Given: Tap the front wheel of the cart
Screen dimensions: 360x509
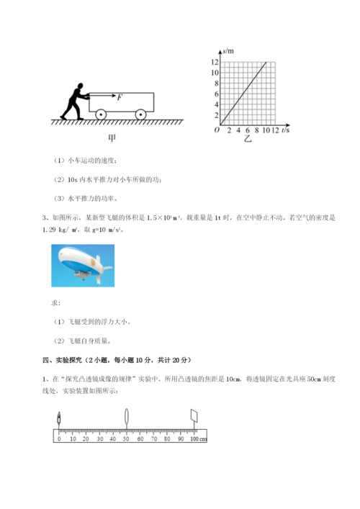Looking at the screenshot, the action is pos(141,113).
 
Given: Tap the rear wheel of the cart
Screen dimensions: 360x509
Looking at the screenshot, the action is pos(100,113).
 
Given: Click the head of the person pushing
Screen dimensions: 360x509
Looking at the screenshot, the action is pos(78,86).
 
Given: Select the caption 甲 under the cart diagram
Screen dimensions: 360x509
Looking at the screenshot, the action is pos(112,137).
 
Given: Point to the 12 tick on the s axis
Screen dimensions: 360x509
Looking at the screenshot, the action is pos(214,63).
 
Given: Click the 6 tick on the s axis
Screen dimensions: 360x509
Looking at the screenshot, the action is pos(215,94).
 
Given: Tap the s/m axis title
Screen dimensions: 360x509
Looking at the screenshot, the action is pos(230,51).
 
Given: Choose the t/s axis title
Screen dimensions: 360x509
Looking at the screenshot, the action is pos(285,131).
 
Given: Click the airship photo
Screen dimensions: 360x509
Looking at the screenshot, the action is pos(83,266).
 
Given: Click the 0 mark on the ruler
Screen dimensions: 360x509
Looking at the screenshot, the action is pos(60,438).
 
